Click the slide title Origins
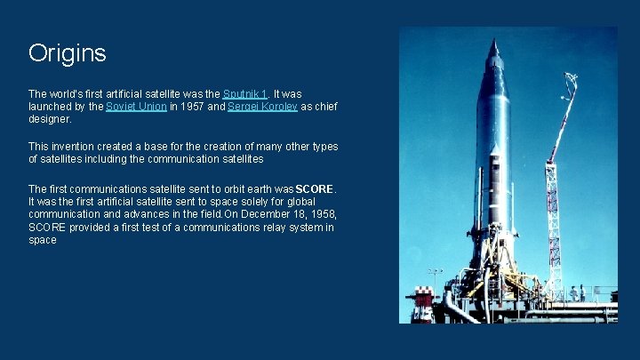(67, 53)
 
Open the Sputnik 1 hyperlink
(245, 93)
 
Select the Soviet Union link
(136, 107)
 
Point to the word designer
(50, 119)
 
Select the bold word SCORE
(316, 188)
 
